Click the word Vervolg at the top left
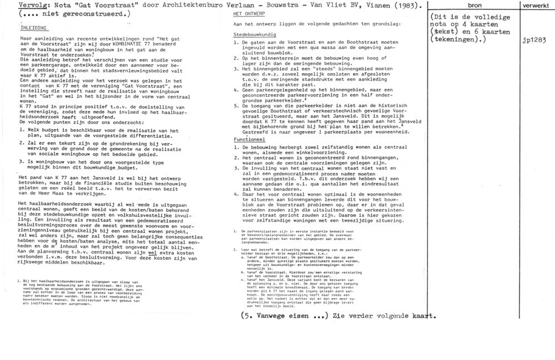point(16,6)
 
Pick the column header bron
point(475,5)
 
